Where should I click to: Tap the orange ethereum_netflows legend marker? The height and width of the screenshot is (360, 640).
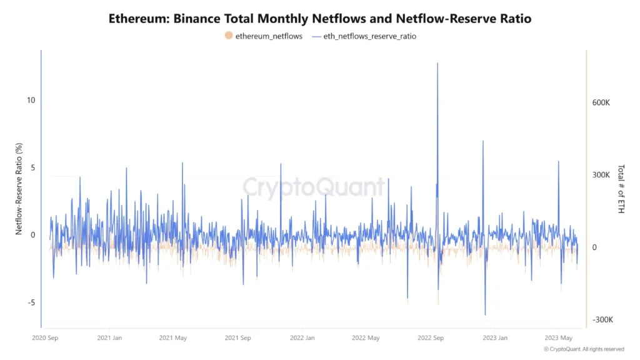229,36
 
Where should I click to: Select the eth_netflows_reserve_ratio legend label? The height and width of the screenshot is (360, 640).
370,36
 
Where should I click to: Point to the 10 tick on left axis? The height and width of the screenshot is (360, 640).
31,100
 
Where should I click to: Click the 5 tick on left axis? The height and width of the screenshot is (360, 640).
33,167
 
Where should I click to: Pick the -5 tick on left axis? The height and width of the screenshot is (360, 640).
31,302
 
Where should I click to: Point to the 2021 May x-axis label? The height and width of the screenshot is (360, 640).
173,338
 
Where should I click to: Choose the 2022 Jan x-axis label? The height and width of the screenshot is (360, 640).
302,338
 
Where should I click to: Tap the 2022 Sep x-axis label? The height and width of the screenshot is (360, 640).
430,338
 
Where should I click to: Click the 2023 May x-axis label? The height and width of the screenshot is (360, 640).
559,338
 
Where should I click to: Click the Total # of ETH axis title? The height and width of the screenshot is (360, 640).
621,189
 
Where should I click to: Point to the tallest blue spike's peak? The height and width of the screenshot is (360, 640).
437,63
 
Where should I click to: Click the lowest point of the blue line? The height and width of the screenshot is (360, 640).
485,314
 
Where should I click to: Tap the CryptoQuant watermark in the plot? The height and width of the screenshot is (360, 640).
314,187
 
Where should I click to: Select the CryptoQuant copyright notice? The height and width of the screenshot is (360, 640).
584,349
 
